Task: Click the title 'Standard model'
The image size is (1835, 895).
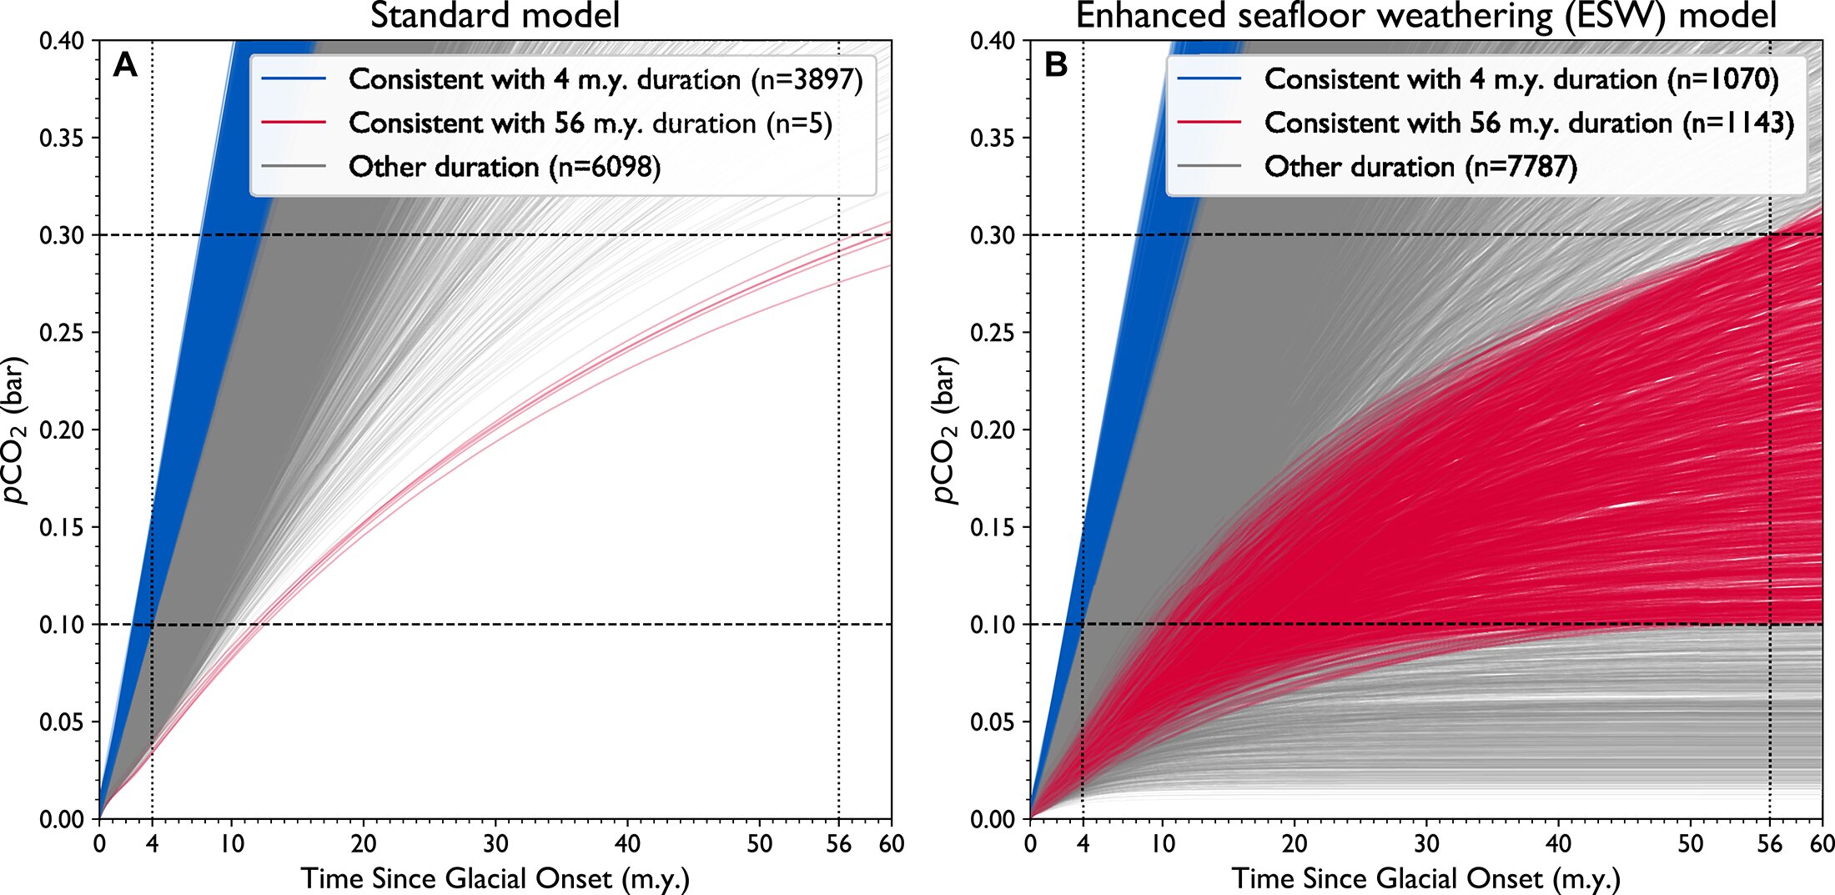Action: tap(495, 16)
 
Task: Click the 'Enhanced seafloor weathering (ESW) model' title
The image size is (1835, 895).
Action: tap(1426, 16)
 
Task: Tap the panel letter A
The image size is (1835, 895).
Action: tap(125, 64)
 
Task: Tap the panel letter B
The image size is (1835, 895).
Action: tap(1056, 64)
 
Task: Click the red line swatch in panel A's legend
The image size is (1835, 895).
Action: tap(294, 123)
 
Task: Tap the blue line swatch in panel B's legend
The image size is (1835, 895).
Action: tap(1209, 79)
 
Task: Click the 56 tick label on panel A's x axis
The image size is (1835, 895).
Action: tap(838, 843)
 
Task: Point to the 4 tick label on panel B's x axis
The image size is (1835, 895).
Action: tap(1083, 843)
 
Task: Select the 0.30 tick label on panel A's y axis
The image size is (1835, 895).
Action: tap(62, 235)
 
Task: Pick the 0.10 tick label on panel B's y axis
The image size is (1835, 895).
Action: tap(993, 625)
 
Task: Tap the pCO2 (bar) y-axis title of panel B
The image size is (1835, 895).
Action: tap(946, 430)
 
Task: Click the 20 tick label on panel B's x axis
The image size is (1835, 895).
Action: tap(1295, 843)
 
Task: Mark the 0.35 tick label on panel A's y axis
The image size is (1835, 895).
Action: tap(62, 138)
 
